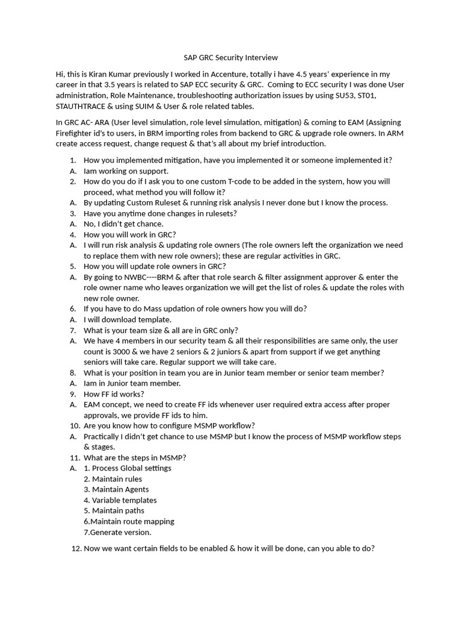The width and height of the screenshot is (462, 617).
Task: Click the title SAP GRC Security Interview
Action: click(230, 58)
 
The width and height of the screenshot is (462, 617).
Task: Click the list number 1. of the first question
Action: click(72, 160)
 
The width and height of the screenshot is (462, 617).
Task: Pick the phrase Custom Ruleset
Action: click(147, 202)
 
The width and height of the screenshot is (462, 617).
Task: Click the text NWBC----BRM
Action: click(147, 277)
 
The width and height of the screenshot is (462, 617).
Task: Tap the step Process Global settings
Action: click(131, 468)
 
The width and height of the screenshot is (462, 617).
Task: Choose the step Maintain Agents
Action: click(120, 489)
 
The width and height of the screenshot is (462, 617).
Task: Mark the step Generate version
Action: click(121, 532)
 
